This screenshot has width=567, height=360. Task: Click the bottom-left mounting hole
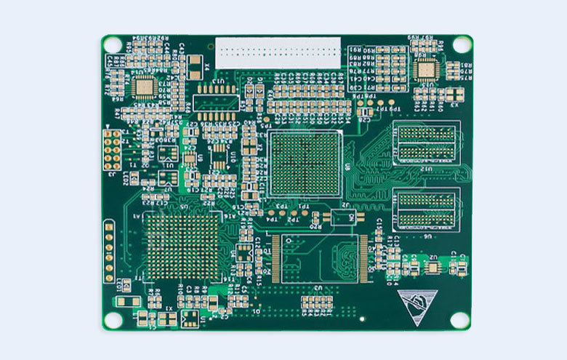[110, 319]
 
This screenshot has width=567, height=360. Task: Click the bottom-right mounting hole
[459, 319]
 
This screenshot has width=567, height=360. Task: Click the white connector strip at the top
[278, 52]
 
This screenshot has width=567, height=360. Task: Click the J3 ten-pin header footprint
[113, 151]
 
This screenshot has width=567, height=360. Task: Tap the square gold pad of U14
[145, 87]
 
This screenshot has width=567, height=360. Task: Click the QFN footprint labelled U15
[424, 70]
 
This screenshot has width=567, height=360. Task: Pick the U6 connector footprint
[425, 209]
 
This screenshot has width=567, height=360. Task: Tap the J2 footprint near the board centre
[342, 217]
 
